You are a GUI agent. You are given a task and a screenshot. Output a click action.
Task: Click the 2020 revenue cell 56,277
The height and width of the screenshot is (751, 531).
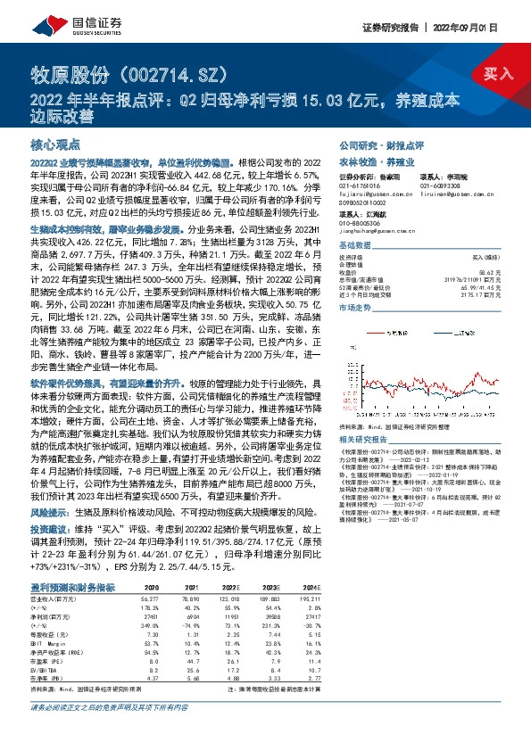(146, 598)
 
